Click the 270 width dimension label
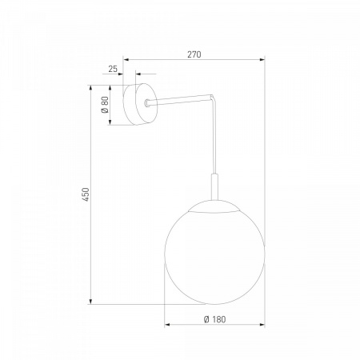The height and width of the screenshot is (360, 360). coord(194,54)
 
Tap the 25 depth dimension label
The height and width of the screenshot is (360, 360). coord(113,69)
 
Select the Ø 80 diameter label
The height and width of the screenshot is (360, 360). coord(105,104)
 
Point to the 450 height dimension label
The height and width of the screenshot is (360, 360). coord(86,194)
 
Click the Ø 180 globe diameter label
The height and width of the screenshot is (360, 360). coord(214,319)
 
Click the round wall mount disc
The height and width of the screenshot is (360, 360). coord(140,104)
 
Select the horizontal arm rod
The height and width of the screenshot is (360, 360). coord(180,98)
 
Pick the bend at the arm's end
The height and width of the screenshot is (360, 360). coord(213,97)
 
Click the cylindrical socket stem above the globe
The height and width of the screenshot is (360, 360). coord(214,186)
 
